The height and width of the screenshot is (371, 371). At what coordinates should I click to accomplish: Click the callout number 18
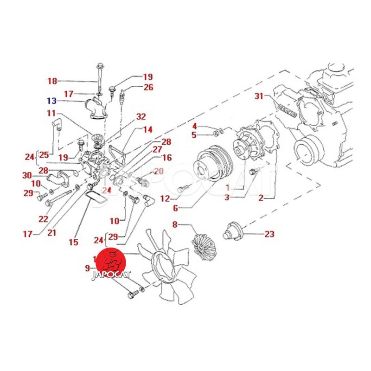(52, 81)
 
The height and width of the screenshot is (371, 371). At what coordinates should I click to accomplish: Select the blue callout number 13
(51, 100)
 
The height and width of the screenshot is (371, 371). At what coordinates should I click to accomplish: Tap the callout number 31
(259, 96)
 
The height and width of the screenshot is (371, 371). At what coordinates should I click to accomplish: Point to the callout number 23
(269, 234)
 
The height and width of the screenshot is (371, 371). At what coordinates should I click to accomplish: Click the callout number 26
(148, 87)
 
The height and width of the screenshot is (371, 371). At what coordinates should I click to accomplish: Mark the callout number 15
(73, 242)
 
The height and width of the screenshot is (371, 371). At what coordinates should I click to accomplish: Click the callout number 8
(175, 225)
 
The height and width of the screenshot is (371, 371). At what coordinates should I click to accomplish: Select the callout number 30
(26, 175)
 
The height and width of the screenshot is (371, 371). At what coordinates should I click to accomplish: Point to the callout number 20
(159, 171)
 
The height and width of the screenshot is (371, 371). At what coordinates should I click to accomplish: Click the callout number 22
(44, 218)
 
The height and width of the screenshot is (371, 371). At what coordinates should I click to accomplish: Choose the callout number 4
(195, 126)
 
